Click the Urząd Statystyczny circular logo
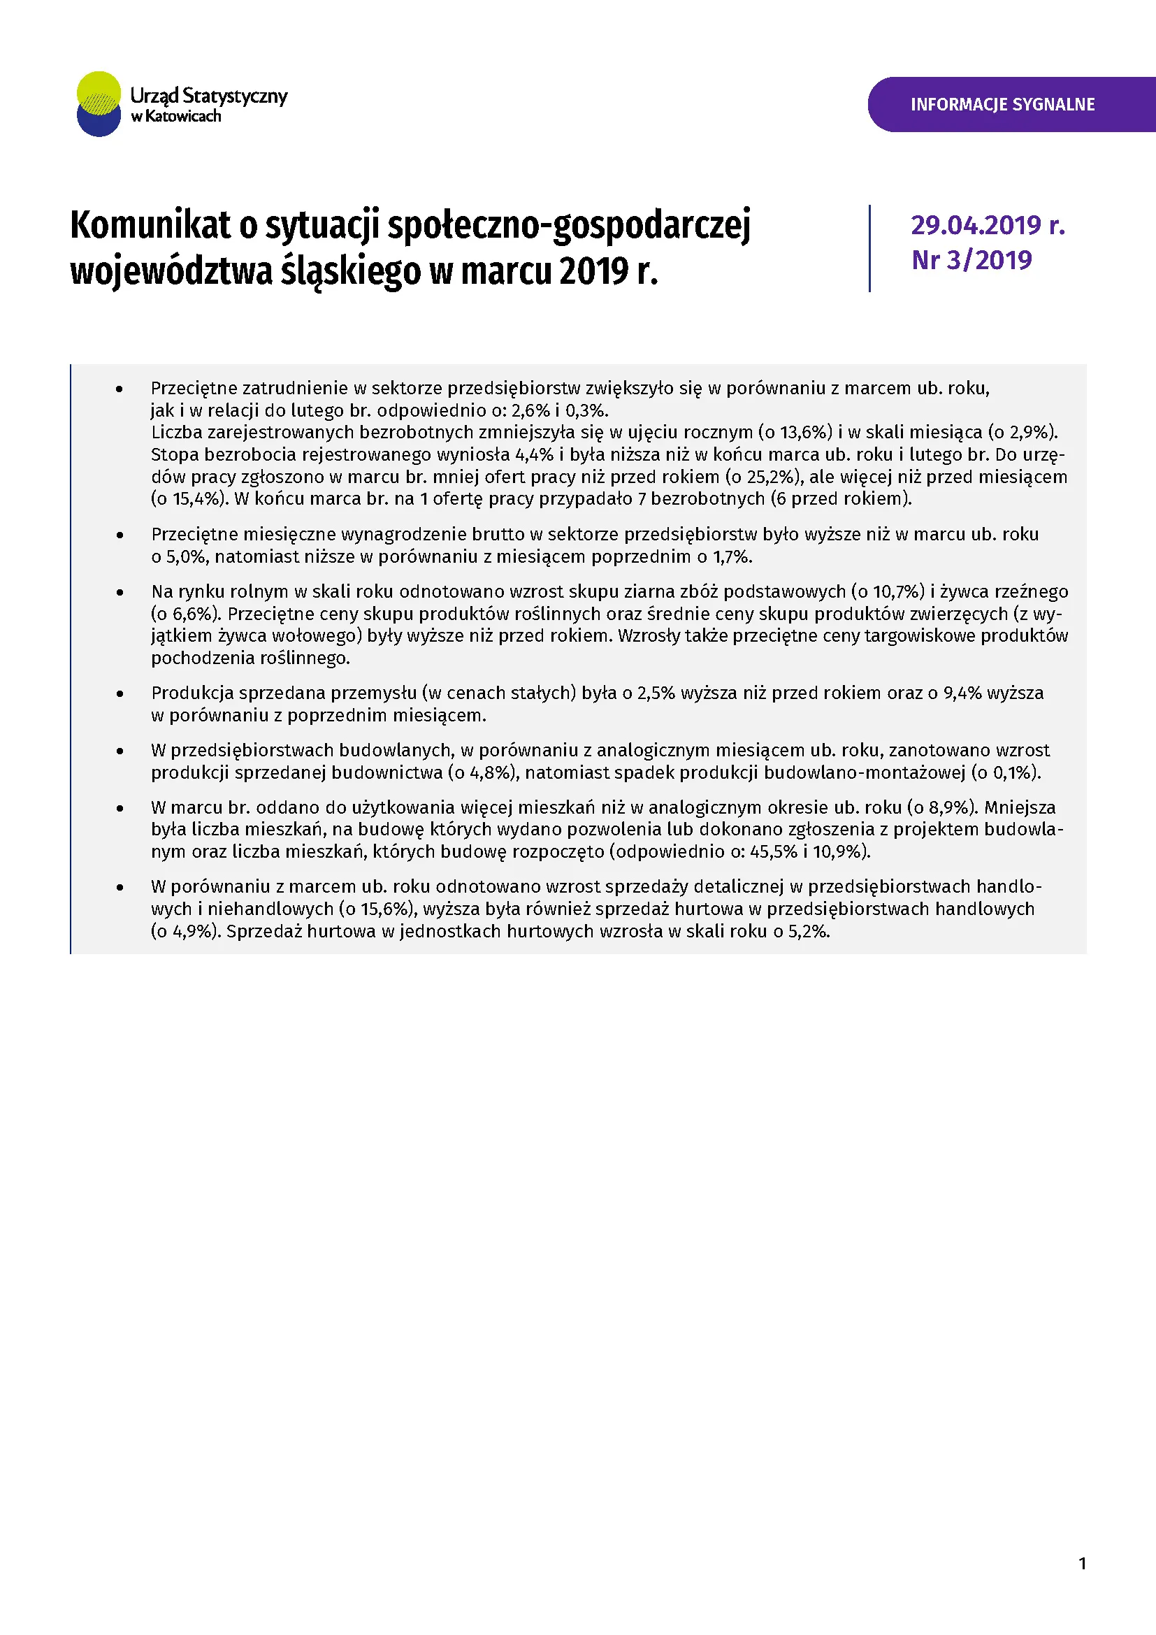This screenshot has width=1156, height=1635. tap(99, 104)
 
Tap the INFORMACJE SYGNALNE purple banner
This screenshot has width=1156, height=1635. tap(1002, 105)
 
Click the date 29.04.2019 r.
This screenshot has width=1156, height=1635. tap(988, 226)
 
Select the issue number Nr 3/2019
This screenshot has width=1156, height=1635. tap(971, 261)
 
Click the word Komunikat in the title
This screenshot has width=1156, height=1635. tap(150, 226)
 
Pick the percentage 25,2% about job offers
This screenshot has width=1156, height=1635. tap(770, 477)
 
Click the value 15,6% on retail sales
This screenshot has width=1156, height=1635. tap(384, 909)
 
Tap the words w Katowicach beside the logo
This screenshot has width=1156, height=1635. tap(176, 117)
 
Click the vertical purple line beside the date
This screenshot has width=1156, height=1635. tap(869, 249)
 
